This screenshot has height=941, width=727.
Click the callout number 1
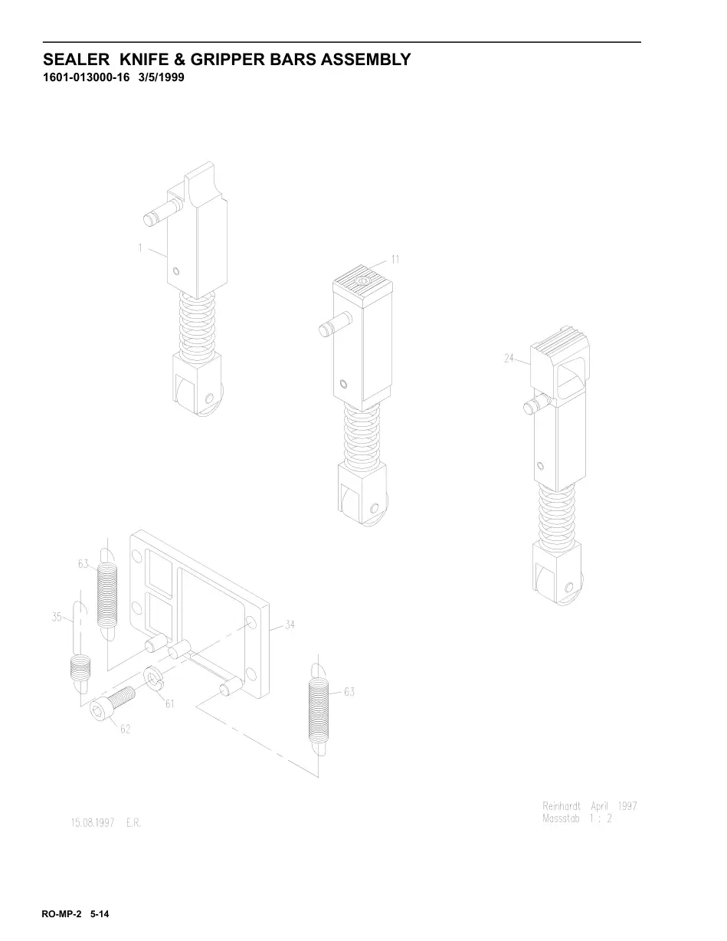(139, 248)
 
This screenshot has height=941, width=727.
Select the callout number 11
(395, 260)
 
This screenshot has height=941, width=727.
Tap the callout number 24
(509, 358)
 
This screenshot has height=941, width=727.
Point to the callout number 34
(290, 625)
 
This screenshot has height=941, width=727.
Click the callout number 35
(57, 617)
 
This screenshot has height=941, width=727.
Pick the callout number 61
(169, 704)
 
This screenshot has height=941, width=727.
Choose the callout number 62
(125, 730)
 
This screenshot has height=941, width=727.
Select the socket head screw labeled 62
(112, 703)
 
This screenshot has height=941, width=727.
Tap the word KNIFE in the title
(144, 59)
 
